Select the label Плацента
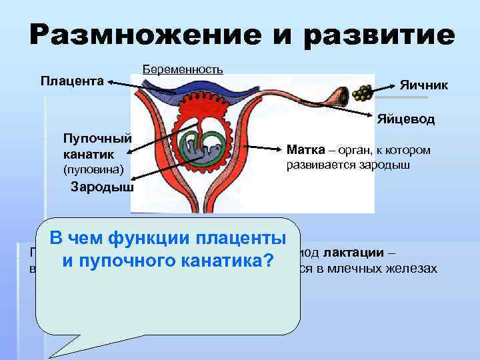tap(72, 82)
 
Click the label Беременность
tap(183, 69)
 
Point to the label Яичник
tap(424, 85)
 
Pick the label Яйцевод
tap(405, 120)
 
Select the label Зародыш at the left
tap(102, 187)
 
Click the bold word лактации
tap(357, 253)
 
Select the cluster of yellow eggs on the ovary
tap(363, 93)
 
